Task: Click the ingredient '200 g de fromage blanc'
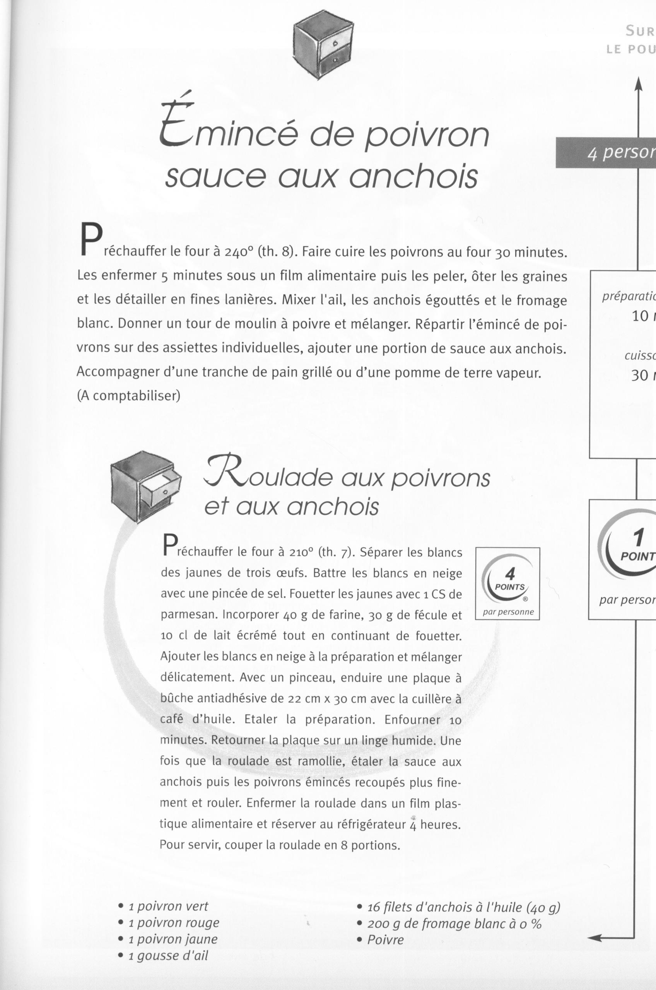tap(454, 923)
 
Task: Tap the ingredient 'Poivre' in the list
tap(385, 940)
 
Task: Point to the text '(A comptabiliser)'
tap(129, 395)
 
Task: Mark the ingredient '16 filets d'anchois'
tap(463, 907)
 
